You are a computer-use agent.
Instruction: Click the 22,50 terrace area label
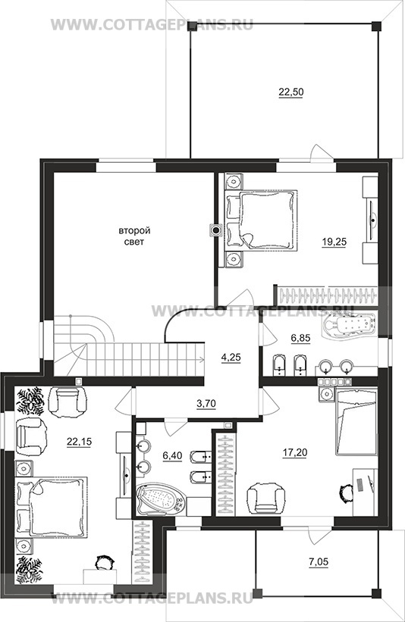pos(291,92)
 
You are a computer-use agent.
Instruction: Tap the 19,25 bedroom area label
pos(334,242)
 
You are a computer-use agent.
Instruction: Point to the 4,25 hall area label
pos(231,358)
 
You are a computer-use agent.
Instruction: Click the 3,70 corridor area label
pos(206,404)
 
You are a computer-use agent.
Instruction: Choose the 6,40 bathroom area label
pos(172,456)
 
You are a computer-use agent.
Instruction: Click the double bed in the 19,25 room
pos(261,220)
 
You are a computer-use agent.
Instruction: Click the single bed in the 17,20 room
pos(356,421)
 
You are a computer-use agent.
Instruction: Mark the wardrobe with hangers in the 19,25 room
pos(328,296)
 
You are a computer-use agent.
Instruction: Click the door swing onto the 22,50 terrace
pos(319,152)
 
